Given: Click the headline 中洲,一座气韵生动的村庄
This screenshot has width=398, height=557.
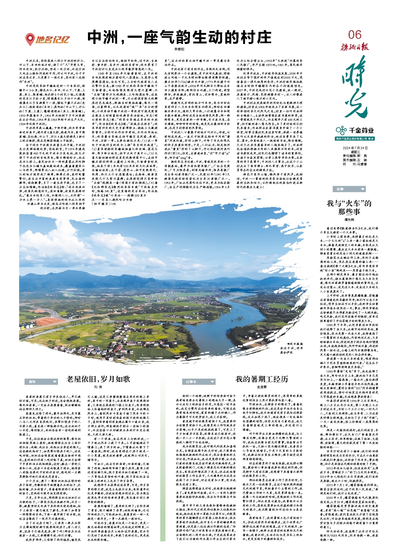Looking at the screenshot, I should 179,37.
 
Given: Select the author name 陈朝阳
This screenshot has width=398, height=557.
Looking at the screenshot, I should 179,49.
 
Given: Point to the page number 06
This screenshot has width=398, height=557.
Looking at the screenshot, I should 354,35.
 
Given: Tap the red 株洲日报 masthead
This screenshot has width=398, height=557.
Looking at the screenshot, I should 354,47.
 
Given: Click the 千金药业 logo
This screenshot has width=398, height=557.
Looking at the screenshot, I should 355,131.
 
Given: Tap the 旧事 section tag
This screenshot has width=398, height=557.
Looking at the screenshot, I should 349,189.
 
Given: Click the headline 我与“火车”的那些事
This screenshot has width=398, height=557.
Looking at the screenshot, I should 349,207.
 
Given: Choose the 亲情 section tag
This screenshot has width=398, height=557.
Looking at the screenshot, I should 41,382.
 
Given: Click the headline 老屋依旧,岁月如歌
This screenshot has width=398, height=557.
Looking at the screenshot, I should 98,379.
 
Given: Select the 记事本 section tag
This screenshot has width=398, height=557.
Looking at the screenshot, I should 199,382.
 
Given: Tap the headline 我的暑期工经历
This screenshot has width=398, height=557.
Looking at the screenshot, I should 261,379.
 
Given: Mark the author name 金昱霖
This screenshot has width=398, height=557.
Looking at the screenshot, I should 261,387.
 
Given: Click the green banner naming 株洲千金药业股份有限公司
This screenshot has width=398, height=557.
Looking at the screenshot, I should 355,139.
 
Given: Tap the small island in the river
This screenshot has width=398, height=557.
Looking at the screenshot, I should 239,318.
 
